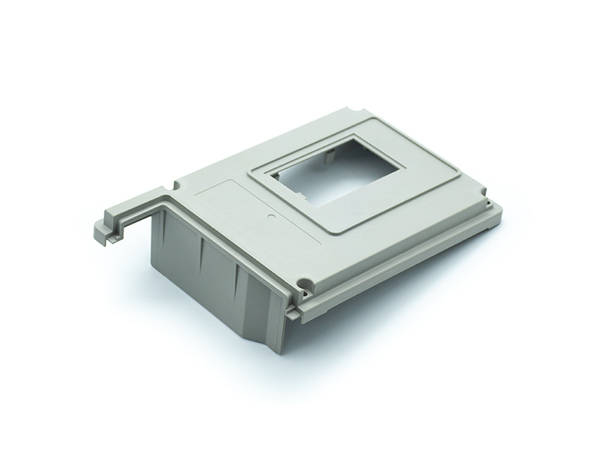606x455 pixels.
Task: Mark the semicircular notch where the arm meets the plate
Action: pos(175,185)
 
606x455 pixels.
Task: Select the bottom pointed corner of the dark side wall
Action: pos(278,350)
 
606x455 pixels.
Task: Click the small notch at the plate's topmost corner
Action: pos(350,111)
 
